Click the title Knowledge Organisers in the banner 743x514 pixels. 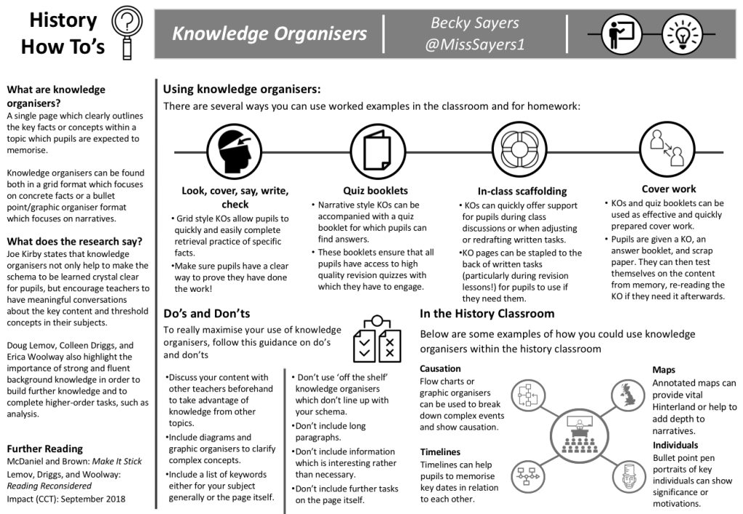click(269, 33)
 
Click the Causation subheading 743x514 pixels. click(441, 368)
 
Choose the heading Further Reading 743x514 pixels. click(44, 448)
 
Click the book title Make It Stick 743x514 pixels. click(115, 461)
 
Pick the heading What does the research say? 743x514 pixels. click(74, 241)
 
